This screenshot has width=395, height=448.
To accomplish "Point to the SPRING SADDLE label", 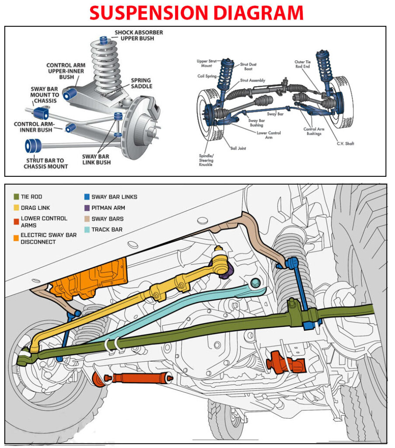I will tap(141, 83).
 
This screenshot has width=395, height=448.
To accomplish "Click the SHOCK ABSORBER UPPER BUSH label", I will tap(138, 36).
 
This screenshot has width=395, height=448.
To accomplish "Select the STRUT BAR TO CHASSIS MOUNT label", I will tap(46, 163).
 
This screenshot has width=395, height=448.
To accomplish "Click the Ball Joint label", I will tap(238, 148).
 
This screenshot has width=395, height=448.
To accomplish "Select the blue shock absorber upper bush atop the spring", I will tap(104, 40).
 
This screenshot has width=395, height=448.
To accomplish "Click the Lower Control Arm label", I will tap(269, 135).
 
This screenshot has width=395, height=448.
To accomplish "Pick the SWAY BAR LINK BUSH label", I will tap(96, 159).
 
